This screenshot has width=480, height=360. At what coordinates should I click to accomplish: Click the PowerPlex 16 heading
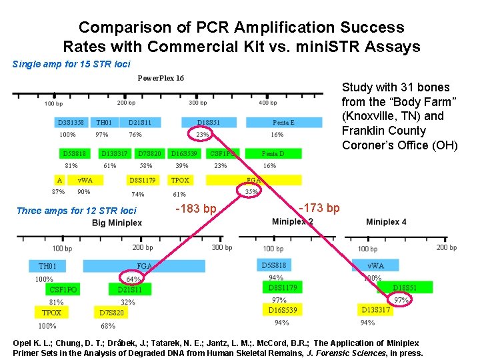(x=161, y=78)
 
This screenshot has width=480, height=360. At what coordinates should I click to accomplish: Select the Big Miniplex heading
(x=117, y=222)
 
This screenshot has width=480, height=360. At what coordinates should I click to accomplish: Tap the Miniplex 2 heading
(x=293, y=221)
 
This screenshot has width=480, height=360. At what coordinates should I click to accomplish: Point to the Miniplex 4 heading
(x=386, y=221)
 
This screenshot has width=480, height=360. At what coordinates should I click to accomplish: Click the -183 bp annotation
(x=195, y=209)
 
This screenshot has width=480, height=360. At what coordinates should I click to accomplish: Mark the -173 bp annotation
(x=319, y=209)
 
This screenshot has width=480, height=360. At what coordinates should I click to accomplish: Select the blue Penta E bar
(x=283, y=123)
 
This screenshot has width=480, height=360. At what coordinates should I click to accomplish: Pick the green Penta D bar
(x=273, y=153)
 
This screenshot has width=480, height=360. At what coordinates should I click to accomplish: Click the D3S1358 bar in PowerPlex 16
(x=71, y=123)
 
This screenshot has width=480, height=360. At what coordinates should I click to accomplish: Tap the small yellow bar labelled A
(x=60, y=180)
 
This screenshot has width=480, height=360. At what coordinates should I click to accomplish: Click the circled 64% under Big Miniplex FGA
(x=133, y=279)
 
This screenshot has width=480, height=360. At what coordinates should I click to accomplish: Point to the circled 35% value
(x=251, y=192)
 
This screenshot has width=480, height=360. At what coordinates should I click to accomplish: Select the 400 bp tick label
(x=267, y=103)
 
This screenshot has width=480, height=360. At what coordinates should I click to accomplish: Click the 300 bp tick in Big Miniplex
(x=222, y=247)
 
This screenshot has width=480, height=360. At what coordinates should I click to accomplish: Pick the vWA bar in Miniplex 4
(x=376, y=265)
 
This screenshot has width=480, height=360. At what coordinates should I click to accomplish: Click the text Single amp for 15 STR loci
(x=71, y=64)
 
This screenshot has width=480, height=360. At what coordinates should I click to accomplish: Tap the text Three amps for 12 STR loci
(x=76, y=211)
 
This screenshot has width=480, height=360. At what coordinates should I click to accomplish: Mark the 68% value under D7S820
(x=107, y=326)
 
